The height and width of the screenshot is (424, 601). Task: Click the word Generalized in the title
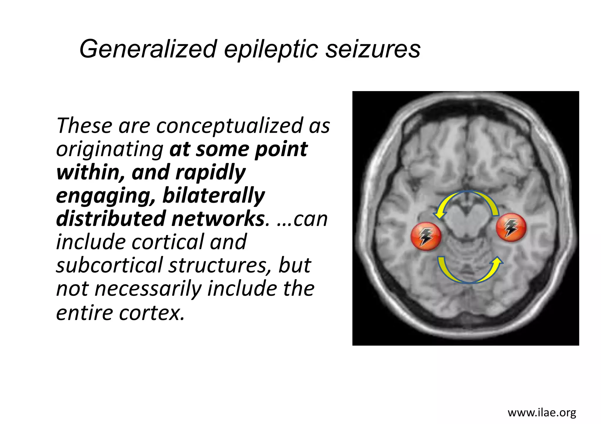point(148,49)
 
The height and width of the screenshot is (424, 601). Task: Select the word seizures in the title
point(373,49)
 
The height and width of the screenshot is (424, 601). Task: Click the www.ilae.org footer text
point(542,413)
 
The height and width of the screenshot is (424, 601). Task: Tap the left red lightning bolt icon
point(426,236)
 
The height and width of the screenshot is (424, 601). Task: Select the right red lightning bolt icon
point(511,227)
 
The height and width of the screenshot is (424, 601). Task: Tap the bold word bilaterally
point(214,196)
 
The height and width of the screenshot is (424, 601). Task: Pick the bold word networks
point(218,219)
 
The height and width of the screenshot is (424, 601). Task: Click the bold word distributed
point(112,219)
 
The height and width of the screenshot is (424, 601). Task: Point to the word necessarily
point(148,289)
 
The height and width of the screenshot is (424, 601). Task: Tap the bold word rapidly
point(210,173)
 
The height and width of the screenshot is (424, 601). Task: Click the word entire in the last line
point(85,313)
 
